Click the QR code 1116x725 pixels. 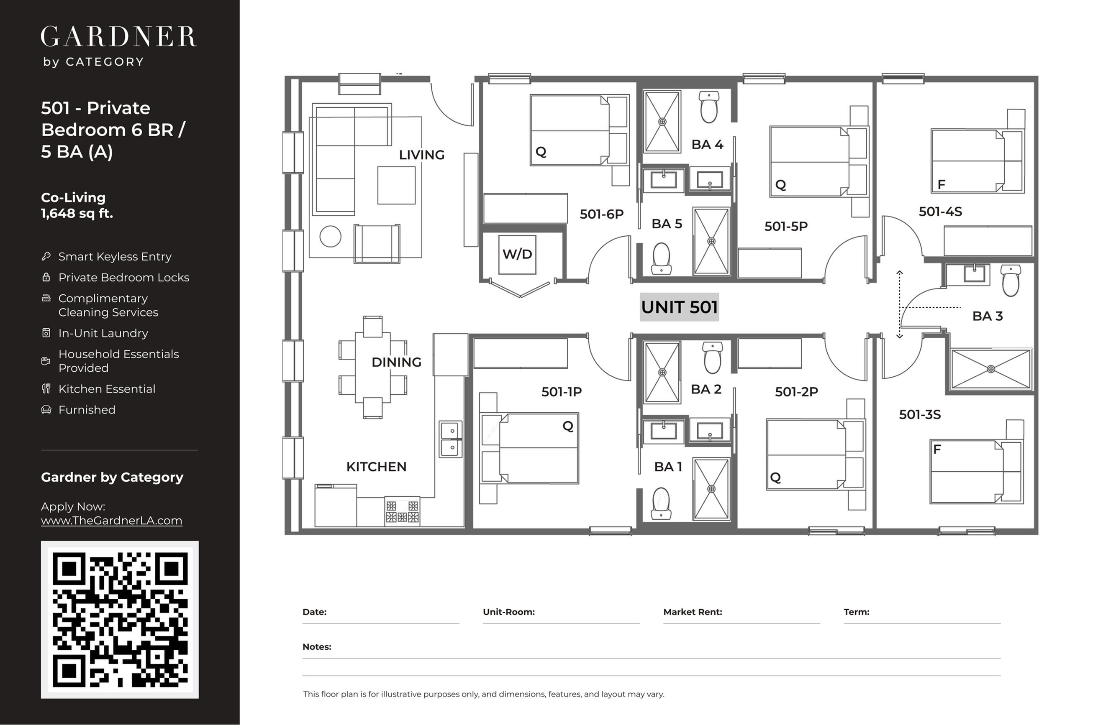[x=120, y=620]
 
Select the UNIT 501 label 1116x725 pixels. [x=679, y=307]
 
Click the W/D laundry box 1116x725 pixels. [x=517, y=255]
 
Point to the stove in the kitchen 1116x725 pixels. [x=402, y=511]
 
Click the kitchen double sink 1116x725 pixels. [x=451, y=439]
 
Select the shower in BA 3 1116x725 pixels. [x=991, y=369]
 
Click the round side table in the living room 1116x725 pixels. [x=330, y=236]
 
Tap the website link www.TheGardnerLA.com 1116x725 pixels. [x=112, y=521]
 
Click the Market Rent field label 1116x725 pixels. [x=693, y=612]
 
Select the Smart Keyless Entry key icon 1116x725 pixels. [x=46, y=256]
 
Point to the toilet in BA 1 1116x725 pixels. [x=661, y=504]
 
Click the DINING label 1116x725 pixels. [x=396, y=362]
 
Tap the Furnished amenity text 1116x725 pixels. [x=87, y=410]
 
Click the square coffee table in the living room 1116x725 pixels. [x=396, y=185]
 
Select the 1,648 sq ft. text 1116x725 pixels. [x=77, y=214]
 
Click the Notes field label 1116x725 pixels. [x=317, y=647]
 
